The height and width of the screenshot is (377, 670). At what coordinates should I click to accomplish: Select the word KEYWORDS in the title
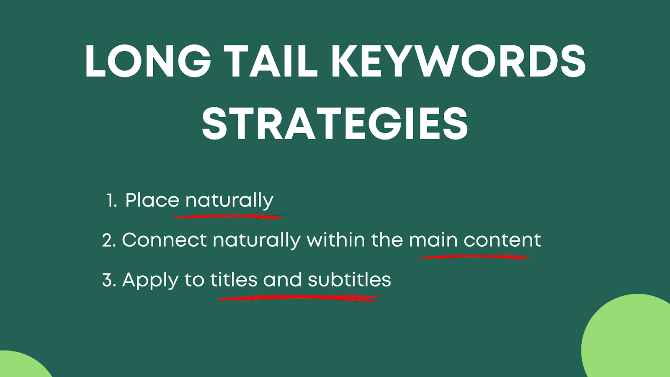click(x=458, y=61)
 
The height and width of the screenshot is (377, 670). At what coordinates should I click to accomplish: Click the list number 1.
click(x=111, y=201)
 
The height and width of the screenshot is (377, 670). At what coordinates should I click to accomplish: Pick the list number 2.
click(x=109, y=240)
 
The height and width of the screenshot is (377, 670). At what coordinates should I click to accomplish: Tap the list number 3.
click(x=109, y=280)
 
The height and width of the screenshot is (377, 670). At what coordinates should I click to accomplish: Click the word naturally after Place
click(x=229, y=201)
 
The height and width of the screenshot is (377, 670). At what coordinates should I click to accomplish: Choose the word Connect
click(x=165, y=240)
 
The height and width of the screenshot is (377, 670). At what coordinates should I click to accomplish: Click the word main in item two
click(x=433, y=240)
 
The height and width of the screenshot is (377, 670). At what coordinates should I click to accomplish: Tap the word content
click(x=502, y=240)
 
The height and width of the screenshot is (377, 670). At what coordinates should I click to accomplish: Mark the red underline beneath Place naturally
click(x=229, y=217)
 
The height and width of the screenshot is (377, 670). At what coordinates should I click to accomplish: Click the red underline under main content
click(x=475, y=257)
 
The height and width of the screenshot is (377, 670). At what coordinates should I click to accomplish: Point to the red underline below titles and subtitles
click(x=299, y=298)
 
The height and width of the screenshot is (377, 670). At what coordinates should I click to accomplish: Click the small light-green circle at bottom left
click(x=21, y=367)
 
